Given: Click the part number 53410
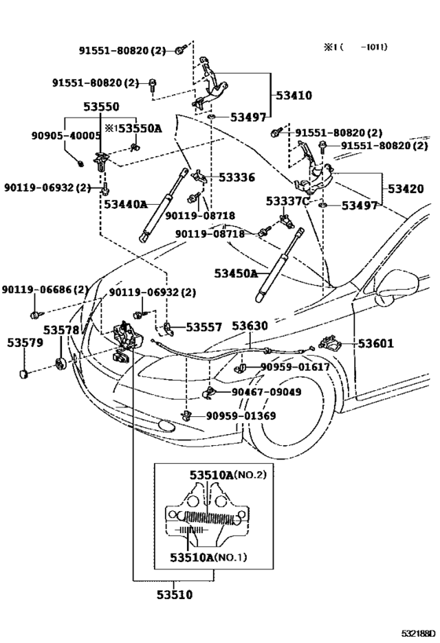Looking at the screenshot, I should pos(294,95).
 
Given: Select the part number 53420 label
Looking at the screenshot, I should pos(405,189).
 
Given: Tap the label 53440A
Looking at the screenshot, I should pos(126,204).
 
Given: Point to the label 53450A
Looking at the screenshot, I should pos(236,273).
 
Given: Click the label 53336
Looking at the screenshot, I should pos(237,177).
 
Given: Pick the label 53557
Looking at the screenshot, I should pos(203,326).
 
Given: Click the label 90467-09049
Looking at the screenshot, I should pos(266,391).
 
